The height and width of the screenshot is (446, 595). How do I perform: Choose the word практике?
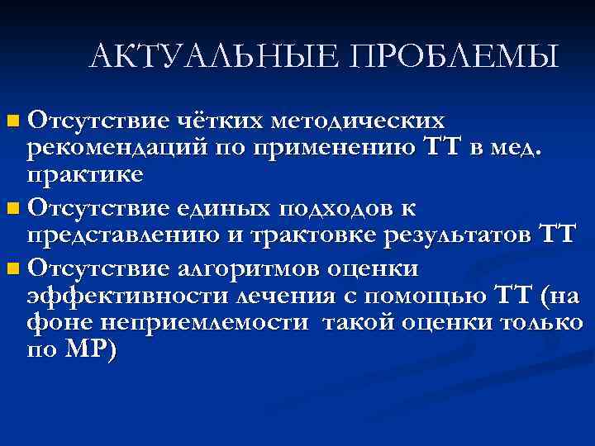[x=84, y=175]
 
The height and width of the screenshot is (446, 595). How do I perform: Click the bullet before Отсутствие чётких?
[x=10, y=122]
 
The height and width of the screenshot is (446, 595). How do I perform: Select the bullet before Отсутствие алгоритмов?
[x=10, y=269]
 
